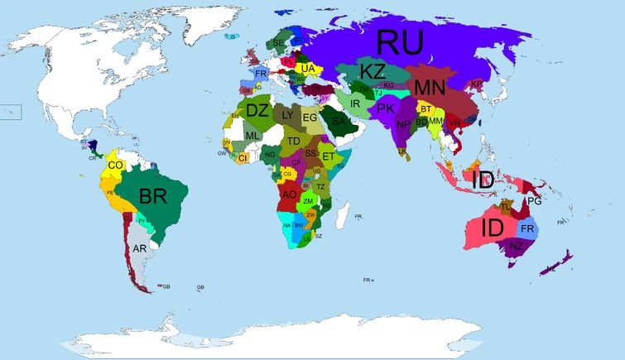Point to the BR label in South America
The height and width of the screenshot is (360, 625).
156,197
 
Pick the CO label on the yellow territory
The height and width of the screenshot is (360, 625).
116,166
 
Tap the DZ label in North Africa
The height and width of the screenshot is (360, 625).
257,109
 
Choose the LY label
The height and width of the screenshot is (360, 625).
288,116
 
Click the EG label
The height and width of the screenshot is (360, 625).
310,118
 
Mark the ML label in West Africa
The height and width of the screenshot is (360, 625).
252,136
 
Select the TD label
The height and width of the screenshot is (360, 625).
293,142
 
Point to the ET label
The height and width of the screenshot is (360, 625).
328,156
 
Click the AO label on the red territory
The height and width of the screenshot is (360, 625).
289,194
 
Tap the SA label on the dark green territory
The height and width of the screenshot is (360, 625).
338,122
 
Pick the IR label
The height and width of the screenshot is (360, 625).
355,103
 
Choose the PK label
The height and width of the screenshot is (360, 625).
386,108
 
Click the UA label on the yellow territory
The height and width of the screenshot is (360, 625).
307,68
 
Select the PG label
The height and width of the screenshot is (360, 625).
534,201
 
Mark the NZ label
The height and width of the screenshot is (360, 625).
516,246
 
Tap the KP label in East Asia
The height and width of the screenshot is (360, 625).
476,84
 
